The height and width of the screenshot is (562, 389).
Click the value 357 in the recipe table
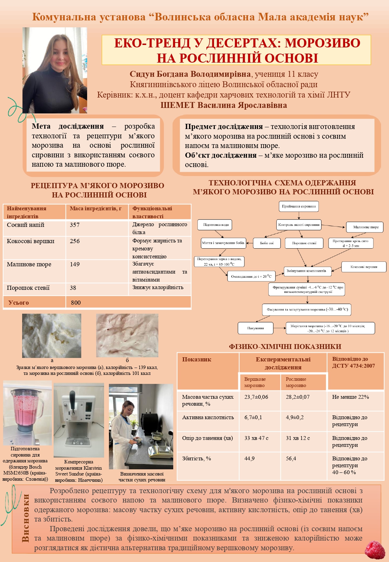[x=75, y=225]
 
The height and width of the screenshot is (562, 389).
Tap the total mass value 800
[x=76, y=303]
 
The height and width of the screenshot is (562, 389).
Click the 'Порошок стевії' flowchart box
[x=304, y=243]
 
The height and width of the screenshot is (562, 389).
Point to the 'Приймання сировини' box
[x=299, y=206]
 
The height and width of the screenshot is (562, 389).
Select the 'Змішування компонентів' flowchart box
[x=306, y=271]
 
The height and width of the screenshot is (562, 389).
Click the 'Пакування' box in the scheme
[x=256, y=328]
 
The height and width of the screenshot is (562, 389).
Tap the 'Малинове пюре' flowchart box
[x=366, y=227]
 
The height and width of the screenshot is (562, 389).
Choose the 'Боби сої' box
[x=267, y=243]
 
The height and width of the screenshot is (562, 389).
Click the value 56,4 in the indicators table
[x=291, y=459]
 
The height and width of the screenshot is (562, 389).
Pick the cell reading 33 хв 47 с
[x=256, y=438]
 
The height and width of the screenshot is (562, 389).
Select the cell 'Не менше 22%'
[x=350, y=397]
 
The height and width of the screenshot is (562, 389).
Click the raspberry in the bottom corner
[x=375, y=550]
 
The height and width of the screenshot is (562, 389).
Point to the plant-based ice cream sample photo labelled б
[x=127, y=335]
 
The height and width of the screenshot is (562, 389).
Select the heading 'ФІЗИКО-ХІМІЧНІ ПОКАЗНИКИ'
[x=285, y=347]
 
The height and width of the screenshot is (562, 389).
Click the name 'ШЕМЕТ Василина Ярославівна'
[x=224, y=105]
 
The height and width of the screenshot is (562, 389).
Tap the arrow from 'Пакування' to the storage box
[x=279, y=328]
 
